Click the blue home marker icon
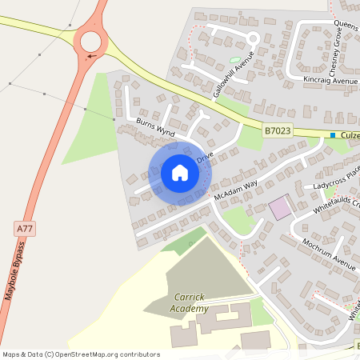179,172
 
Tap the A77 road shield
26,229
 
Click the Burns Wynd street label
155,126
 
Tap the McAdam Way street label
235,188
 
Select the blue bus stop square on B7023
333,135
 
